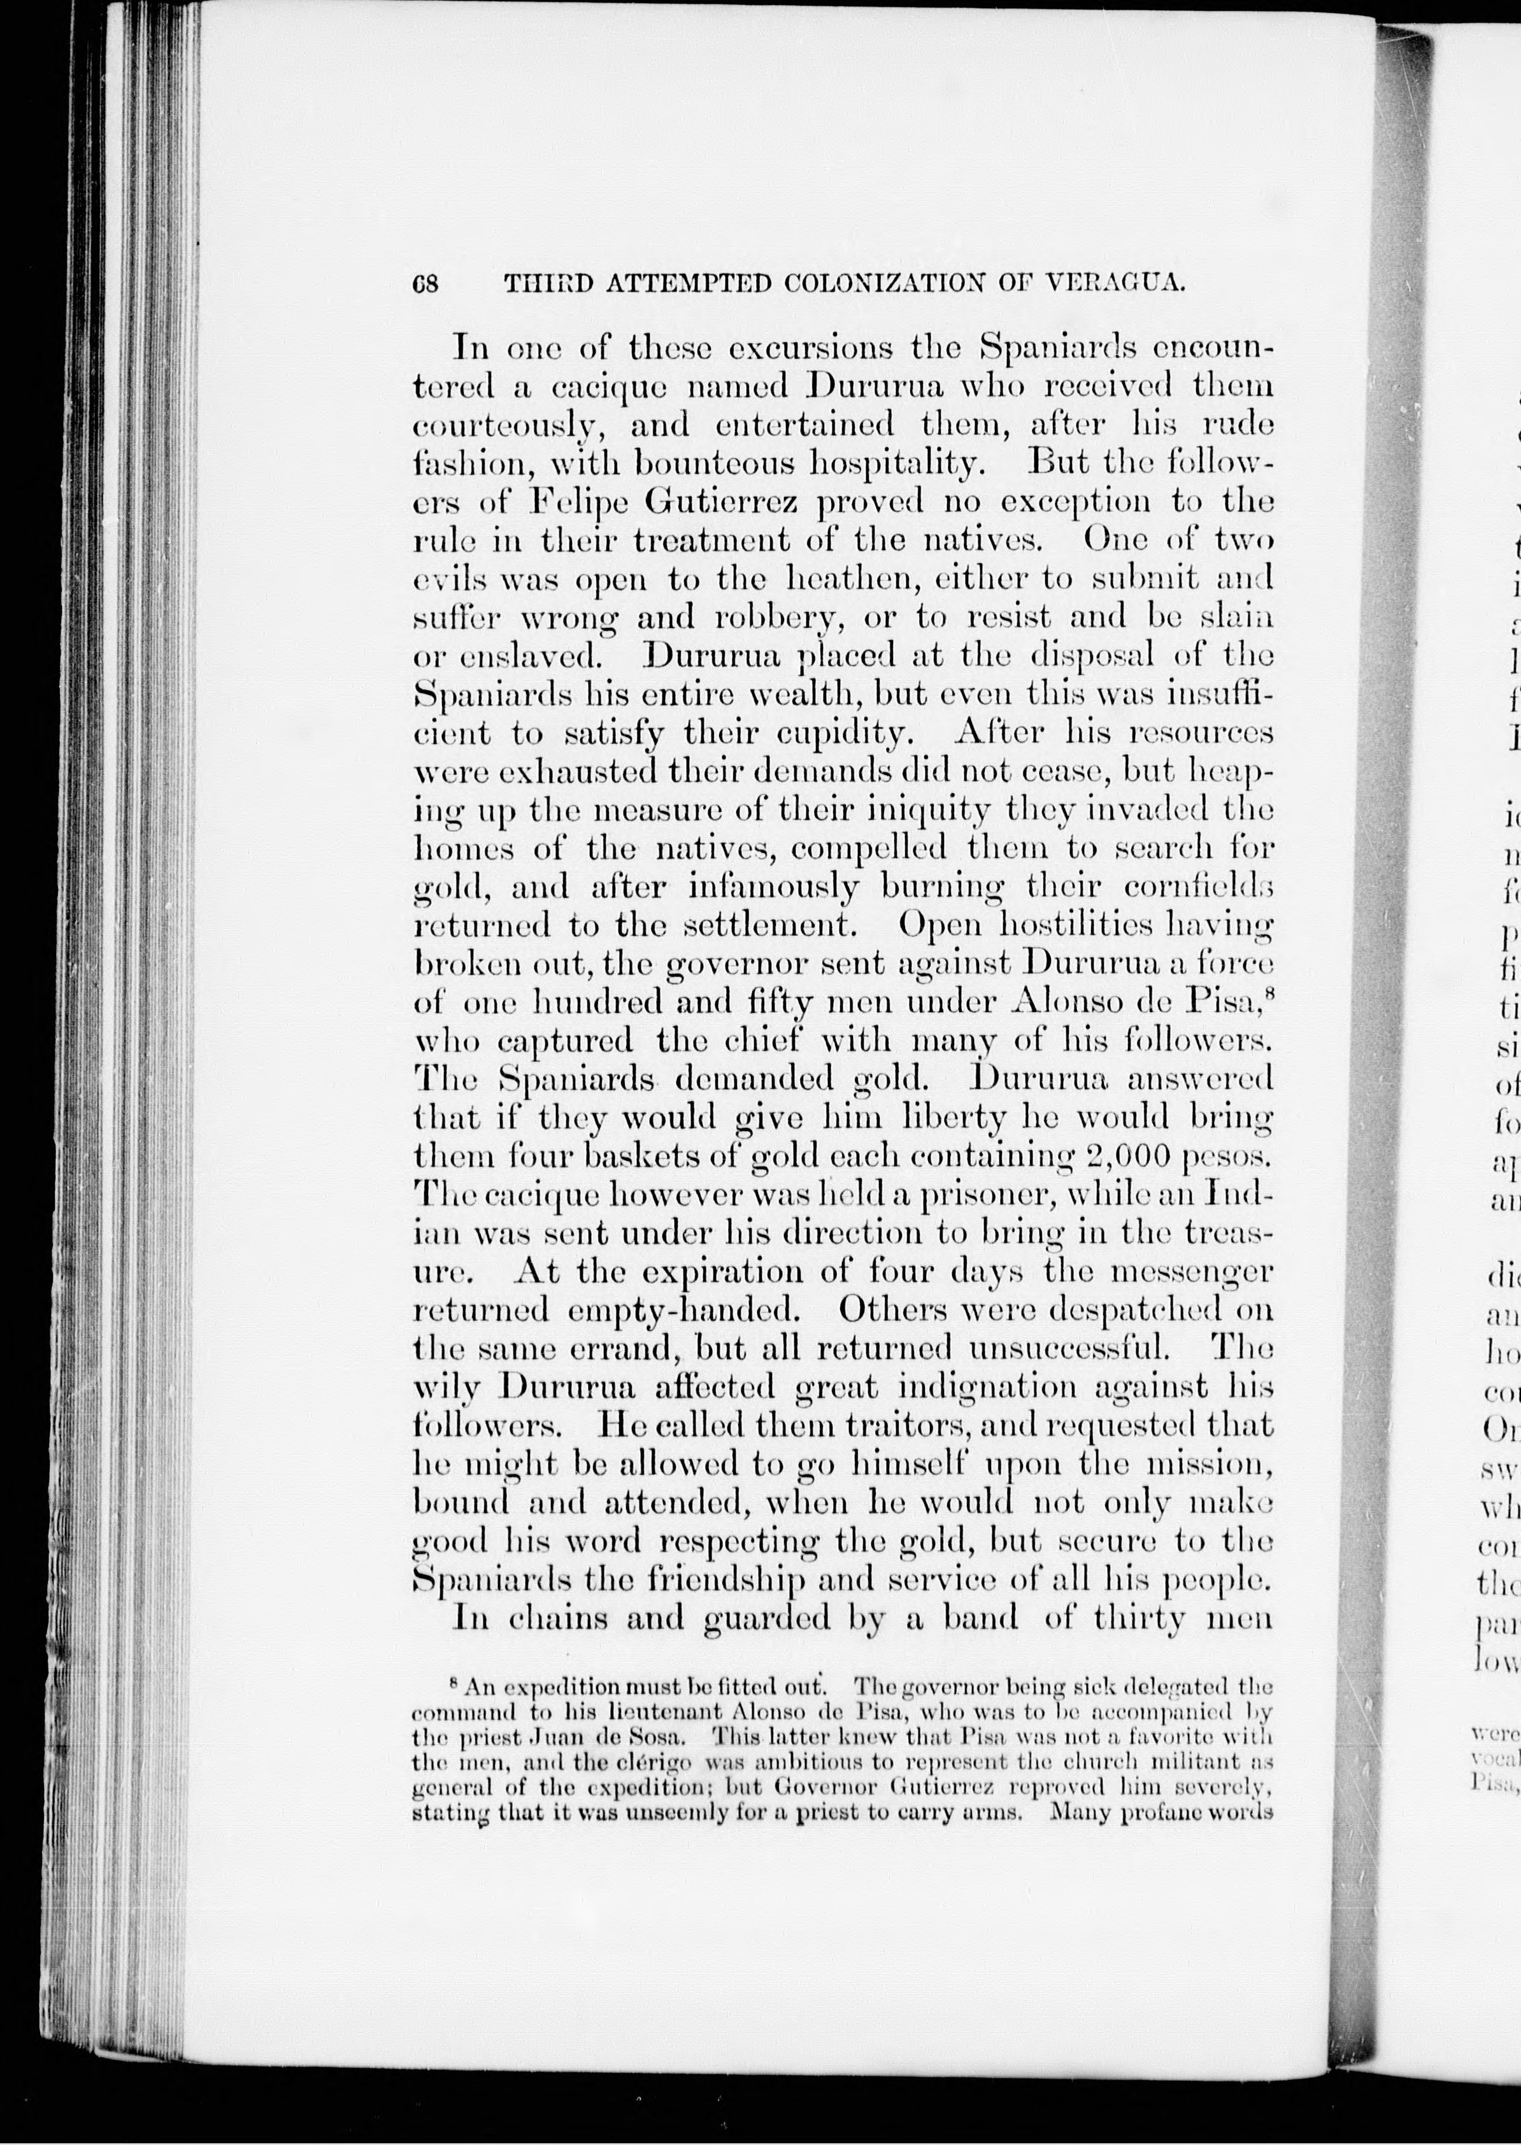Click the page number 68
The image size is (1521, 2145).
click(x=425, y=283)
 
